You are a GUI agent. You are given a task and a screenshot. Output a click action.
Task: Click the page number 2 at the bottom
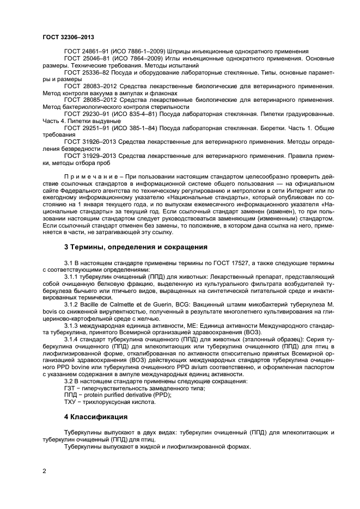45,470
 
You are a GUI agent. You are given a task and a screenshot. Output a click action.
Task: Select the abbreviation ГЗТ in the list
70,388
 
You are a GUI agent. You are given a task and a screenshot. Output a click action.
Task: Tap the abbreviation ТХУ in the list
70,402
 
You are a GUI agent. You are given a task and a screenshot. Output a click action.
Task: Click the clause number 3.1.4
72,340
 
